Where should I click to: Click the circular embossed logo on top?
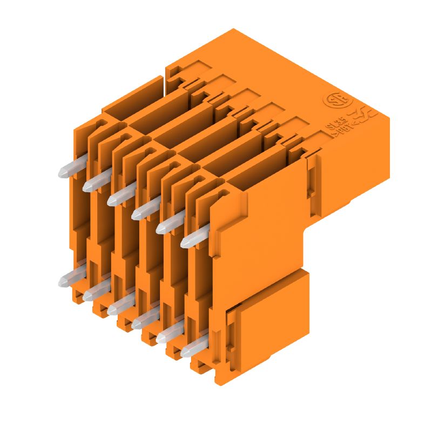point(332,101)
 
